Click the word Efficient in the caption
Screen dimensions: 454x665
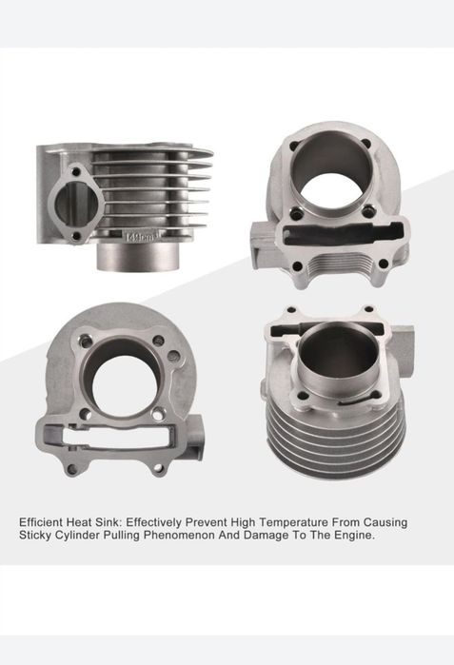pyautogui.click(x=41, y=522)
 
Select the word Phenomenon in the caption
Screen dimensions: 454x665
pyautogui.click(x=179, y=536)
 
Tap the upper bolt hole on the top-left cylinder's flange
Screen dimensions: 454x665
pyautogui.click(x=76, y=172)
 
